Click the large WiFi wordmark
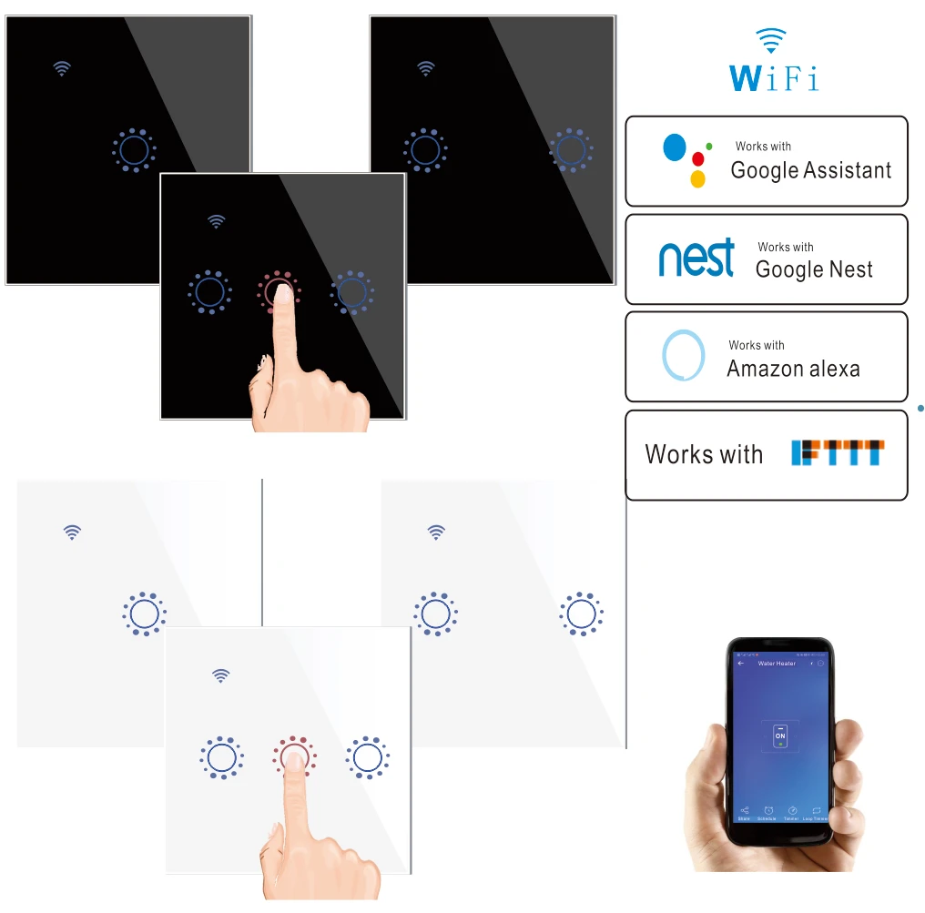point(773,77)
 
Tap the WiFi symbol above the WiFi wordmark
point(771,40)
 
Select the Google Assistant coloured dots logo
point(686,158)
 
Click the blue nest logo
point(696,258)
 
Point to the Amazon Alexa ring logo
point(683,355)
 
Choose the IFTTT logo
point(838,453)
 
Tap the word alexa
point(828,369)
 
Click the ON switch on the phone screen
point(780,736)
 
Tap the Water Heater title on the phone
point(777,664)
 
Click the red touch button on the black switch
point(278,291)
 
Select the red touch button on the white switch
point(293,756)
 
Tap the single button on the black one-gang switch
point(134,148)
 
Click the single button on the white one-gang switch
point(144,614)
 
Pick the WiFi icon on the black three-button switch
point(216,221)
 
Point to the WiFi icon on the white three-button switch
point(220,675)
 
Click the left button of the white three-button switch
point(220,756)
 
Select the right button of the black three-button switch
point(352,291)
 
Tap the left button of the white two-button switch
point(435,614)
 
